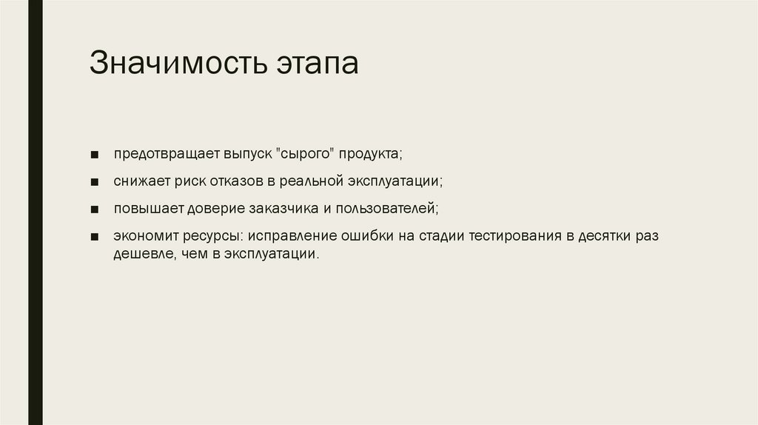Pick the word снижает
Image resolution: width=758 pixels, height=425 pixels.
tap(138, 181)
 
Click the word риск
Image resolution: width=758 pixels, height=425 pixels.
tap(184, 181)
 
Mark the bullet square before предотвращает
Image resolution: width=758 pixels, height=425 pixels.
tap(95, 155)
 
